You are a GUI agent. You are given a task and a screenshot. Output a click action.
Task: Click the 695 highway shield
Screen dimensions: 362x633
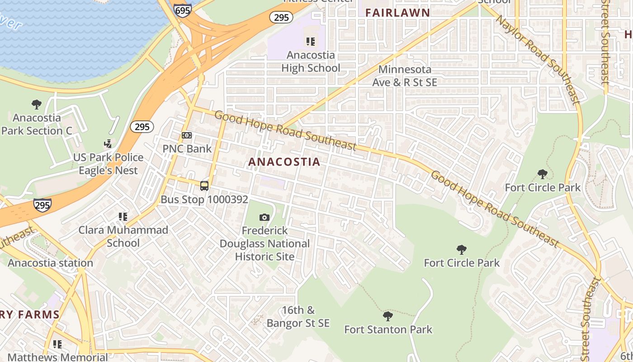(182, 10)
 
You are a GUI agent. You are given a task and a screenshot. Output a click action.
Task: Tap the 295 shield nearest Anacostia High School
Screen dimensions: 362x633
(281, 17)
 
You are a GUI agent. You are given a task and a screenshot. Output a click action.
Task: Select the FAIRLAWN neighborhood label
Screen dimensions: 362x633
(397, 13)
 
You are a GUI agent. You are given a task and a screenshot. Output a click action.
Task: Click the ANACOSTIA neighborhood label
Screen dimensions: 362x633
(284, 162)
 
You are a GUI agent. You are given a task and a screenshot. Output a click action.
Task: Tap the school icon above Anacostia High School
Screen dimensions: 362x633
(311, 42)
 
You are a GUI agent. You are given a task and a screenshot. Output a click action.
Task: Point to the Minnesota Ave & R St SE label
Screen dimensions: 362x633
(405, 76)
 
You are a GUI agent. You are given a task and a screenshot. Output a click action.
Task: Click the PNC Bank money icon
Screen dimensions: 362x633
(187, 135)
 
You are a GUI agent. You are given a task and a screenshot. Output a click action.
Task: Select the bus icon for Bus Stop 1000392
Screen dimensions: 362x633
(204, 186)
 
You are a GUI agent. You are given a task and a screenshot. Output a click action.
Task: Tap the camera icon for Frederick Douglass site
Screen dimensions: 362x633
(265, 218)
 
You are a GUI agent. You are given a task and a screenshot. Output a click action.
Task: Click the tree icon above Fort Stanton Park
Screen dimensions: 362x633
(387, 316)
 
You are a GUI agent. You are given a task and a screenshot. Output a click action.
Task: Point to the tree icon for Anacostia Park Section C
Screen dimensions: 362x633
(37, 105)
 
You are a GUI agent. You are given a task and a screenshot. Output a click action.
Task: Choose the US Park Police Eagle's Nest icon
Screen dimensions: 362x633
(108, 144)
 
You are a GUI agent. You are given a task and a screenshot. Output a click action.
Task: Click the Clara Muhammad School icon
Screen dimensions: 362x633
(123, 217)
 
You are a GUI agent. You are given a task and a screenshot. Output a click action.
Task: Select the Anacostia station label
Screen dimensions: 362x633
(50, 263)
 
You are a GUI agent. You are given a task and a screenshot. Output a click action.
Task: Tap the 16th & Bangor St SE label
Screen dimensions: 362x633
(298, 317)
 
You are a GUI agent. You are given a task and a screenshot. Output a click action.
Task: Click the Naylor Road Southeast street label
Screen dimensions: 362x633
(538, 59)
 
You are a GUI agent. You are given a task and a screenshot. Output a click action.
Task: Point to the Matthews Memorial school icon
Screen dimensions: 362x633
(57, 344)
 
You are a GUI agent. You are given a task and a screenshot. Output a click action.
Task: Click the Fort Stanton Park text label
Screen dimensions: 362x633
(388, 329)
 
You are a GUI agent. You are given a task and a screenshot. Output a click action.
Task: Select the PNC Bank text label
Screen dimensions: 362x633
(187, 148)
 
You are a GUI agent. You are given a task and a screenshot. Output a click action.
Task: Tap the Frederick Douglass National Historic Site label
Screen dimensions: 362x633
(265, 243)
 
